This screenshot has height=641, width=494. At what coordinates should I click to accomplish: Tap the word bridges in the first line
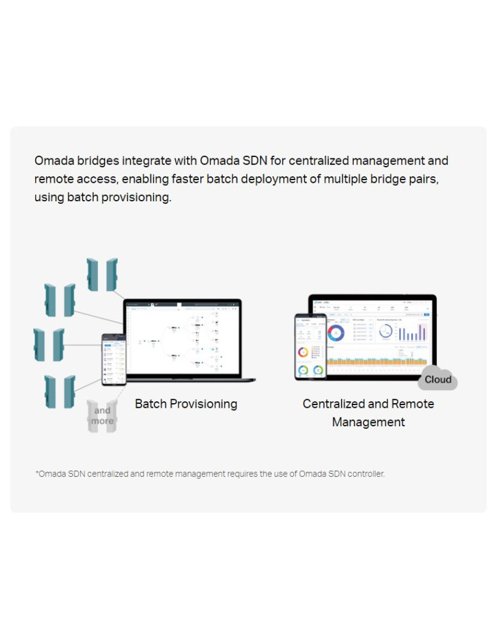click(97, 160)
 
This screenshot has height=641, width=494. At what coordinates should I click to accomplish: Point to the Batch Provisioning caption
click(186, 404)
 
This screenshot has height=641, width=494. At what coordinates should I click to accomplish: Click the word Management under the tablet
click(368, 422)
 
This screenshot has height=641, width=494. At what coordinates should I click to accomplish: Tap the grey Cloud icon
click(438, 379)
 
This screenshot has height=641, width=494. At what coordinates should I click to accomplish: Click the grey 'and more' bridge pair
click(102, 416)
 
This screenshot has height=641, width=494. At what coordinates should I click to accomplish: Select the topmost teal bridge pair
click(103, 274)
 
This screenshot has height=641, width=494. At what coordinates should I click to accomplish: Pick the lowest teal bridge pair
click(60, 392)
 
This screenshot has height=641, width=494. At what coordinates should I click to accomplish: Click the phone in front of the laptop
click(113, 360)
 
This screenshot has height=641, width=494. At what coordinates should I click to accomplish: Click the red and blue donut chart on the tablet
click(336, 333)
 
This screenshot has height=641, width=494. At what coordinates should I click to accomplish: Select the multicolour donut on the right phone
click(303, 353)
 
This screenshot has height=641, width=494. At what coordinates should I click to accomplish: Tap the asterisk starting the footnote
click(37, 474)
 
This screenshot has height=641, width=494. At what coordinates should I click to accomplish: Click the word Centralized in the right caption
click(333, 404)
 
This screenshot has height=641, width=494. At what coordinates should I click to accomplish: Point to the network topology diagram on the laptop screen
click(186, 340)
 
